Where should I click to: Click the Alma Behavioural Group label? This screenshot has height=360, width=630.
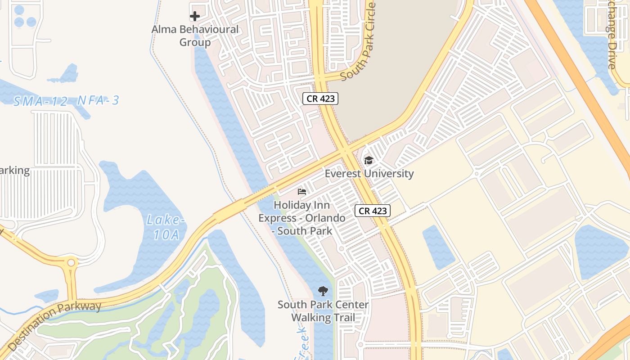pos(195,36)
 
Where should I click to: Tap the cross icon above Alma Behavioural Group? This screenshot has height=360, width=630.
pos(194,17)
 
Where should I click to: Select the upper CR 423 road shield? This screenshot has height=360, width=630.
pos(320,99)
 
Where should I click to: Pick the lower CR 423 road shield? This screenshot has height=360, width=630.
pos(372,211)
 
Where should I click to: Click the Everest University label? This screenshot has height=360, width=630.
pos(369,174)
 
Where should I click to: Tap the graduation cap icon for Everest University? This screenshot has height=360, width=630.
pos(369,160)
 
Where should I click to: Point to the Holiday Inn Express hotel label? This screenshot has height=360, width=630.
pos(302,218)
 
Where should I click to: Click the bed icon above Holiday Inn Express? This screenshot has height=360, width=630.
pos(302,192)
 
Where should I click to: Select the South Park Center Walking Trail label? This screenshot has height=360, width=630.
pos(323,311)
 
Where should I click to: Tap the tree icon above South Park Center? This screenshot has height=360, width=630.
pos(323,291)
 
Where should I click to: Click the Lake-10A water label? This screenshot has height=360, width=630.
pos(166,227)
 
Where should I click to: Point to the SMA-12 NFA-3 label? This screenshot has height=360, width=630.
pos(66,100)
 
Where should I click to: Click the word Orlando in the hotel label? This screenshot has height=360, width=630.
pos(325,218)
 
